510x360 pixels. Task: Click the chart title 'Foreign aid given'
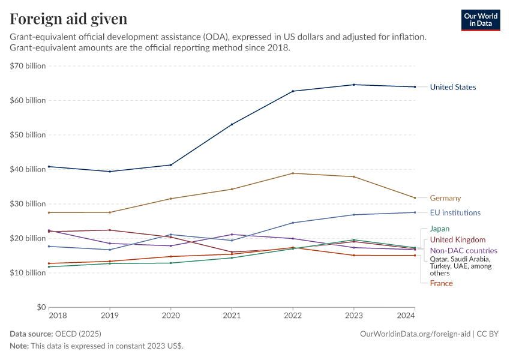tap(68, 19)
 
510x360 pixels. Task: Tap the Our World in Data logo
tap(480, 20)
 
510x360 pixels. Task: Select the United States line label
tap(452, 88)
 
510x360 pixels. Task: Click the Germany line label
tap(445, 198)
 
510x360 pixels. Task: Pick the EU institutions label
tap(455, 213)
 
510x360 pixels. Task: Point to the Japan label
tap(440, 229)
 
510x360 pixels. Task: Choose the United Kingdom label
tap(458, 240)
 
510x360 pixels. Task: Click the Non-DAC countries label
tap(463, 251)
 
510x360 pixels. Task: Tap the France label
tap(441, 283)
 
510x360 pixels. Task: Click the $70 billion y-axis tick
tap(28, 66)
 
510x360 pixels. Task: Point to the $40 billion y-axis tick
tap(28, 169)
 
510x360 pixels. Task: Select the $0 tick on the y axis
tap(40, 307)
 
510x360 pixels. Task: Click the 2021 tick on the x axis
tap(232, 315)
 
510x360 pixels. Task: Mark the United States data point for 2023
tap(353, 85)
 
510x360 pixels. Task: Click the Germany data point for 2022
tap(293, 173)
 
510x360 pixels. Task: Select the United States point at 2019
tap(110, 172)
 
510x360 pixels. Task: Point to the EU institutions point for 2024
tap(415, 212)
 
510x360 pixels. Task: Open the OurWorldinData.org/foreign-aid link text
tap(415, 334)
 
